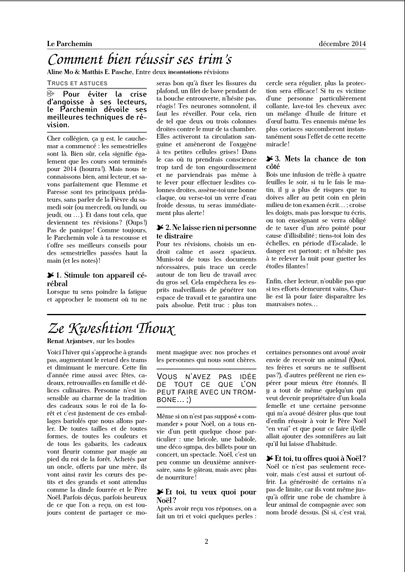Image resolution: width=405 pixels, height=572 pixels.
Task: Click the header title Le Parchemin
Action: (x=69, y=44)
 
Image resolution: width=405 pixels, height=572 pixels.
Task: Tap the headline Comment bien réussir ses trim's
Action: (x=139, y=59)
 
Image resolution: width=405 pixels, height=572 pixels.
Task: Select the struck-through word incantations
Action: (x=185, y=71)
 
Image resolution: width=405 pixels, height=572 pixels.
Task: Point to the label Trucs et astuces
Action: (x=77, y=83)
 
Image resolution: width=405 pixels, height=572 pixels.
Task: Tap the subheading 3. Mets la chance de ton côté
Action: (x=316, y=163)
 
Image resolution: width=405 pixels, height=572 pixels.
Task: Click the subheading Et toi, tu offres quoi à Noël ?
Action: (x=316, y=458)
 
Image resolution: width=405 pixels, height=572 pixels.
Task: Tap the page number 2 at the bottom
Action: (x=206, y=541)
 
